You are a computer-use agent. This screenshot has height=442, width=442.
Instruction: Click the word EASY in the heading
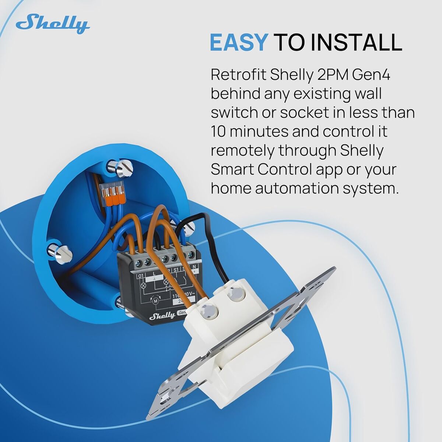238,42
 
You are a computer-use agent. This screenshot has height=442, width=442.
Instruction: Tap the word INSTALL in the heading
356,42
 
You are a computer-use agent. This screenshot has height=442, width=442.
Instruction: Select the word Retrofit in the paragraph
238,75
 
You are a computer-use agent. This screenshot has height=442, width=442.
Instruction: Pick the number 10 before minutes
217,131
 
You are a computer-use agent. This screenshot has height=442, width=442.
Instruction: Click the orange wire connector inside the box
113,193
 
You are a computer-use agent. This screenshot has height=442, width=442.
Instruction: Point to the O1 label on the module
141,276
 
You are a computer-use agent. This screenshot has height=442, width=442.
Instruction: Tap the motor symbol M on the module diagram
155,301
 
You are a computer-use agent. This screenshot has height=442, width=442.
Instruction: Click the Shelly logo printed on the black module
162,315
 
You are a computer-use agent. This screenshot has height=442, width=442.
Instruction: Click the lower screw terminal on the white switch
210,312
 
